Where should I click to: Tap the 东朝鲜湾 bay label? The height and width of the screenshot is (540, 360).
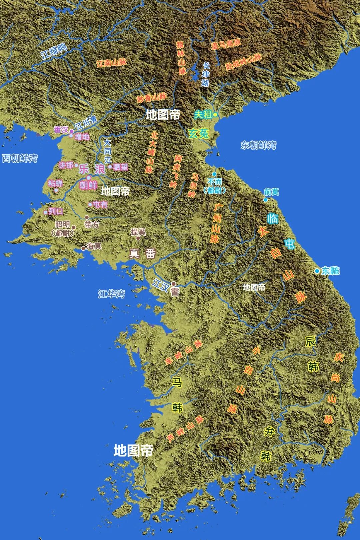click(x=258, y=145)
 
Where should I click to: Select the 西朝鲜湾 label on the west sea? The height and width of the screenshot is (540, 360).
click(x=20, y=158)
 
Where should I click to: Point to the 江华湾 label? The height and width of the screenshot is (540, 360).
click(x=111, y=294)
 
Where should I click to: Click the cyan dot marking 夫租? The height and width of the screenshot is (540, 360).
click(x=215, y=115)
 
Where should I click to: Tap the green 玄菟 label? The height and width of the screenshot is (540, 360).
click(x=199, y=134)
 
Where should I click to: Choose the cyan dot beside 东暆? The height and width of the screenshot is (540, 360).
click(x=317, y=271)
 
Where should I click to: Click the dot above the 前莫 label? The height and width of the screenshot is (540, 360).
click(x=266, y=200)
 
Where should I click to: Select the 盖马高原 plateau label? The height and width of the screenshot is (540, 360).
click(x=226, y=44)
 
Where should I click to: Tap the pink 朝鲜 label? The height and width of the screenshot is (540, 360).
click(x=88, y=185)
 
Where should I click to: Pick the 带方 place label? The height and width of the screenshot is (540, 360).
click(x=92, y=224)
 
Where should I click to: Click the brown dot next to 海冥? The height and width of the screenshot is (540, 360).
click(x=83, y=248)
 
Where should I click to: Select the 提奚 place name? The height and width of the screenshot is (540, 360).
click(x=138, y=232)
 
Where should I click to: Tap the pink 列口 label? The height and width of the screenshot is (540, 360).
click(x=56, y=211)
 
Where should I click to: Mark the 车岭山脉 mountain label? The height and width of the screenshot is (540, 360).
click(x=184, y=352)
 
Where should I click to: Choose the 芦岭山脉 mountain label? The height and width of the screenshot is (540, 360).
click(x=185, y=429)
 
